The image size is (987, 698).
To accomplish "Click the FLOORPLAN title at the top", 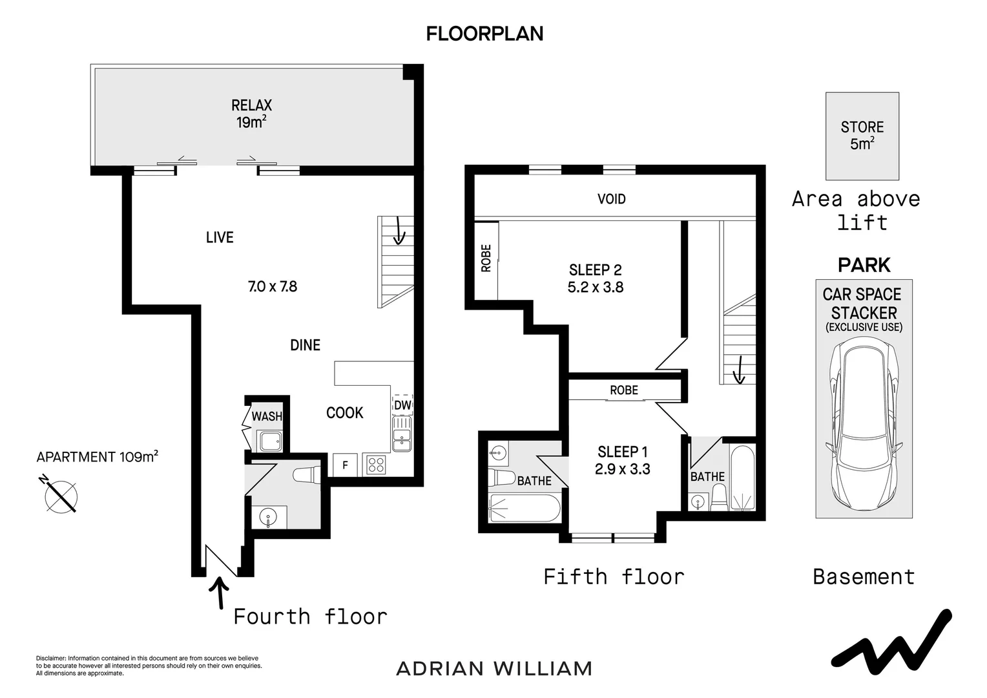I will pyautogui.click(x=484, y=34).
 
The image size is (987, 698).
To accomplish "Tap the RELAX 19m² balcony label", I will pyautogui.click(x=251, y=114).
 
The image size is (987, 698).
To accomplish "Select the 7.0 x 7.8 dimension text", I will pyautogui.click(x=273, y=286).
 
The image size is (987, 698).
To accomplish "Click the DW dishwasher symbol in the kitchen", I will pyautogui.click(x=402, y=405).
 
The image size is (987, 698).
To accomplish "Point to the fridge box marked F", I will pyautogui.click(x=345, y=465).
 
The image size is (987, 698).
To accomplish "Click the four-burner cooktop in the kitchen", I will pyautogui.click(x=376, y=465).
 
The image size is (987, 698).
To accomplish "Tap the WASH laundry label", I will pyautogui.click(x=267, y=416).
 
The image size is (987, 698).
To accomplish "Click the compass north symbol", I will pyautogui.click(x=61, y=496).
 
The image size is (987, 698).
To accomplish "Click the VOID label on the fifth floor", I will pyautogui.click(x=611, y=199).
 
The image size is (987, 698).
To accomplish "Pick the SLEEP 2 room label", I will pyautogui.click(x=595, y=270).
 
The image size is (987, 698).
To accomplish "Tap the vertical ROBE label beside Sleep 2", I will pyautogui.click(x=486, y=258).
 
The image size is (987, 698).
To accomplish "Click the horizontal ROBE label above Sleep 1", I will pyautogui.click(x=624, y=390).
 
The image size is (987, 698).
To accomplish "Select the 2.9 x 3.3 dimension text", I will pyautogui.click(x=622, y=469).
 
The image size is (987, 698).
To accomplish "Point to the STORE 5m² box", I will pyautogui.click(x=862, y=136).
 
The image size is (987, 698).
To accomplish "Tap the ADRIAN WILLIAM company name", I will pyautogui.click(x=494, y=668).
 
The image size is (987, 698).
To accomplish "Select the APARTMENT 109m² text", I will pyautogui.click(x=98, y=457).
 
